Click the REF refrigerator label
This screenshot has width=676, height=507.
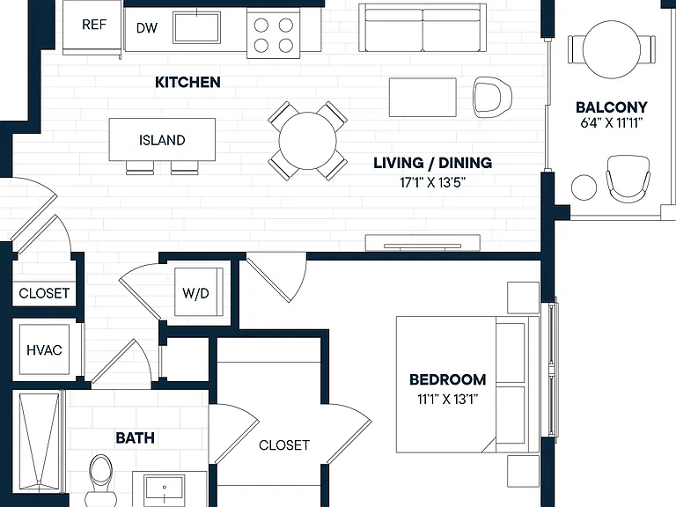tap(94, 25)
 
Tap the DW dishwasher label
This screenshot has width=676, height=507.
tap(147, 28)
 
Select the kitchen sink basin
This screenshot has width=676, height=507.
tap(196, 27)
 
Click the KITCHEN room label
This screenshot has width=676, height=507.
tap(187, 82)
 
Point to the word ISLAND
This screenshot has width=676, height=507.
tap(162, 140)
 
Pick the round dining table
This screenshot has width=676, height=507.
tap(307, 141)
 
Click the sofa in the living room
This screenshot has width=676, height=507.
tap(422, 27)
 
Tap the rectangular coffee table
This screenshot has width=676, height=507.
tap(422, 98)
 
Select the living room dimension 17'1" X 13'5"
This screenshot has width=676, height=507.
tap(433, 183)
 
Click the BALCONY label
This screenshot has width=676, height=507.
tap(612, 107)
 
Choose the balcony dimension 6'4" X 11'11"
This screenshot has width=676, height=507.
tap(612, 123)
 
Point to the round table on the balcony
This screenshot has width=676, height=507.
tap(612, 50)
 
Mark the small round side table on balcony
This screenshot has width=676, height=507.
tap(584, 187)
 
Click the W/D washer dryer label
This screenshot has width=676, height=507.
tap(195, 293)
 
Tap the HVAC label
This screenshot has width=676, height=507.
tap(44, 350)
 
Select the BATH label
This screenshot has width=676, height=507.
tap(135, 438)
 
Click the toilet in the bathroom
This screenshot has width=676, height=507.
tap(101, 480)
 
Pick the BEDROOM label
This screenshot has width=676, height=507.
tap(447, 379)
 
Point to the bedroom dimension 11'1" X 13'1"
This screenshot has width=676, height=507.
tap(447, 400)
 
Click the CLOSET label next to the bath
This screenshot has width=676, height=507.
tap(284, 445)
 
